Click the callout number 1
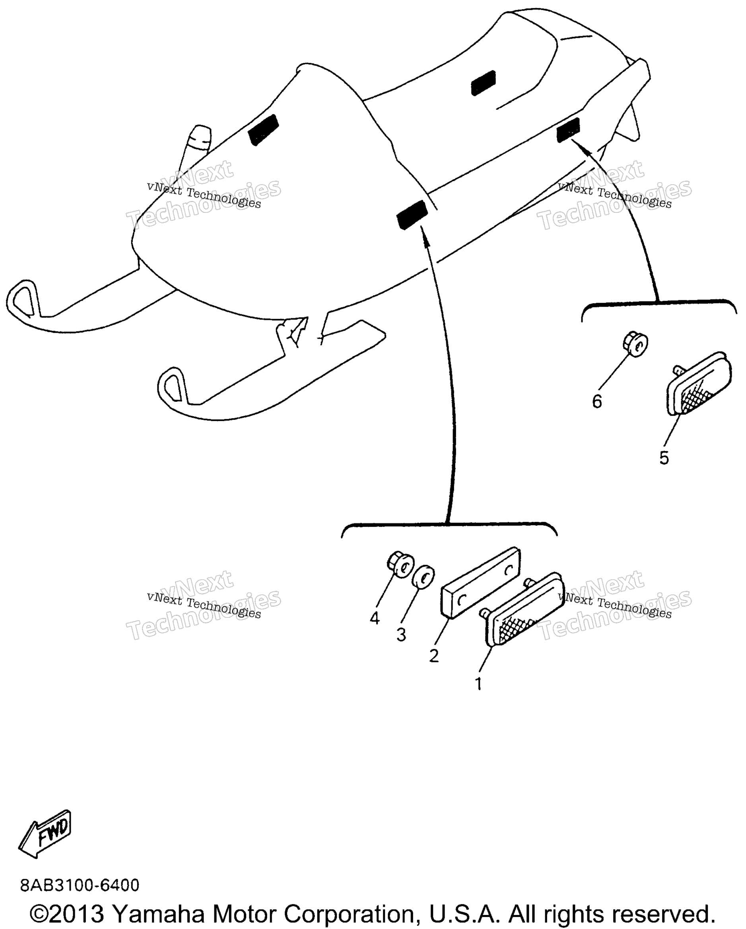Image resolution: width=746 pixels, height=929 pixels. pyautogui.click(x=478, y=684)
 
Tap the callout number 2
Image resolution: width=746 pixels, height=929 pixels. pyautogui.click(x=434, y=655)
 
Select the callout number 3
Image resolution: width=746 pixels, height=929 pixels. pyautogui.click(x=401, y=634)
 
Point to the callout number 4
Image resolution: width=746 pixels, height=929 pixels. pyautogui.click(x=375, y=618)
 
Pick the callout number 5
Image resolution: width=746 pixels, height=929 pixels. pyautogui.click(x=664, y=458)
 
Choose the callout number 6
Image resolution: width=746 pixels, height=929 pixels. pyautogui.click(x=596, y=401)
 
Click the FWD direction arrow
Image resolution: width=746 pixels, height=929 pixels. pyautogui.click(x=45, y=834)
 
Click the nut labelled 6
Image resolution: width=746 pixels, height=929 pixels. pyautogui.click(x=635, y=343)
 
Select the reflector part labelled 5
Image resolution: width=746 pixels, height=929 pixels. pyautogui.click(x=699, y=384)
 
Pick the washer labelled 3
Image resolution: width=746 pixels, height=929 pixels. pyautogui.click(x=424, y=576)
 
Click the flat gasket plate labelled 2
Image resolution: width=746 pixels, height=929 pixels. pyautogui.click(x=480, y=582)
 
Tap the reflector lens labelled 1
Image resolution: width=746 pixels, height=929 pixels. pyautogui.click(x=525, y=609)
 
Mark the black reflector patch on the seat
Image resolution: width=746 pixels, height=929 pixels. pyautogui.click(x=483, y=83)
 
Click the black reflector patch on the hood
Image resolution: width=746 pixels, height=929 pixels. pyautogui.click(x=264, y=130)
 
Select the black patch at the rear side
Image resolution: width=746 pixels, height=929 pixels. pyautogui.click(x=568, y=129)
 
